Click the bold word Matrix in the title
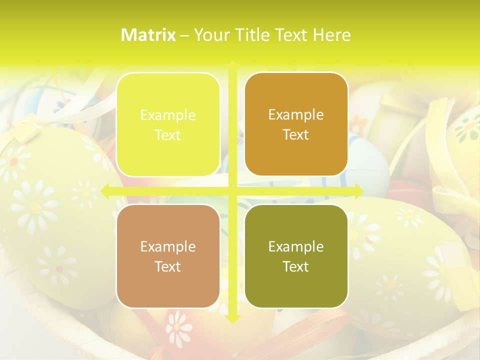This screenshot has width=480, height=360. (148, 35)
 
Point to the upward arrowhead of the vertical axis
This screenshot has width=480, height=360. (232, 64)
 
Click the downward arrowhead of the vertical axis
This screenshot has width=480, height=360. (232, 319)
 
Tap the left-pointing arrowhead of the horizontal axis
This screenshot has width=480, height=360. (105, 190)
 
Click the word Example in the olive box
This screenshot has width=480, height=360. (296, 246)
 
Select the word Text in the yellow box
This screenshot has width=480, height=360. (168, 135)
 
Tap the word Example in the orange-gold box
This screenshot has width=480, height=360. (296, 114)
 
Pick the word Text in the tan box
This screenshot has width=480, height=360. (168, 266)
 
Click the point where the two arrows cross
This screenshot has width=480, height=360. (232, 190)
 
